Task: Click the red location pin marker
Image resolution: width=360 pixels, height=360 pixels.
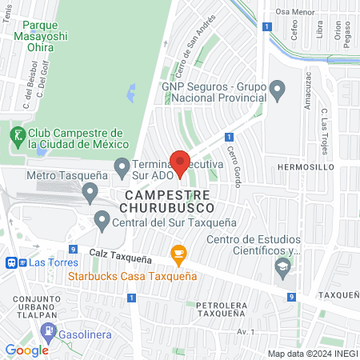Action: tap(180, 162)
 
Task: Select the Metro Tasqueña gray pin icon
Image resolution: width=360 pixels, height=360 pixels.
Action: tap(90, 192)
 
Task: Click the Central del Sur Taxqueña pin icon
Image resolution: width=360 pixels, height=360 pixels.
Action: tap(102, 218)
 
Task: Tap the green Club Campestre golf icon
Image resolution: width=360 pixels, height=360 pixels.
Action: tap(16, 135)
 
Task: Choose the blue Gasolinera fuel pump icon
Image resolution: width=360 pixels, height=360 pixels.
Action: tap(49, 330)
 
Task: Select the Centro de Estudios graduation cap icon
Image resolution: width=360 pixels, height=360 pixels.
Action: tap(282, 267)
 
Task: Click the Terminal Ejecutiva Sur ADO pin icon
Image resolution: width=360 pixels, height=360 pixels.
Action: tap(122, 167)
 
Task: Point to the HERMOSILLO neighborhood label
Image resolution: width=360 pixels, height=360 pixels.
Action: tap(305, 166)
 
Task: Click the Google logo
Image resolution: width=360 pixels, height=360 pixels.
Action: tap(26, 350)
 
